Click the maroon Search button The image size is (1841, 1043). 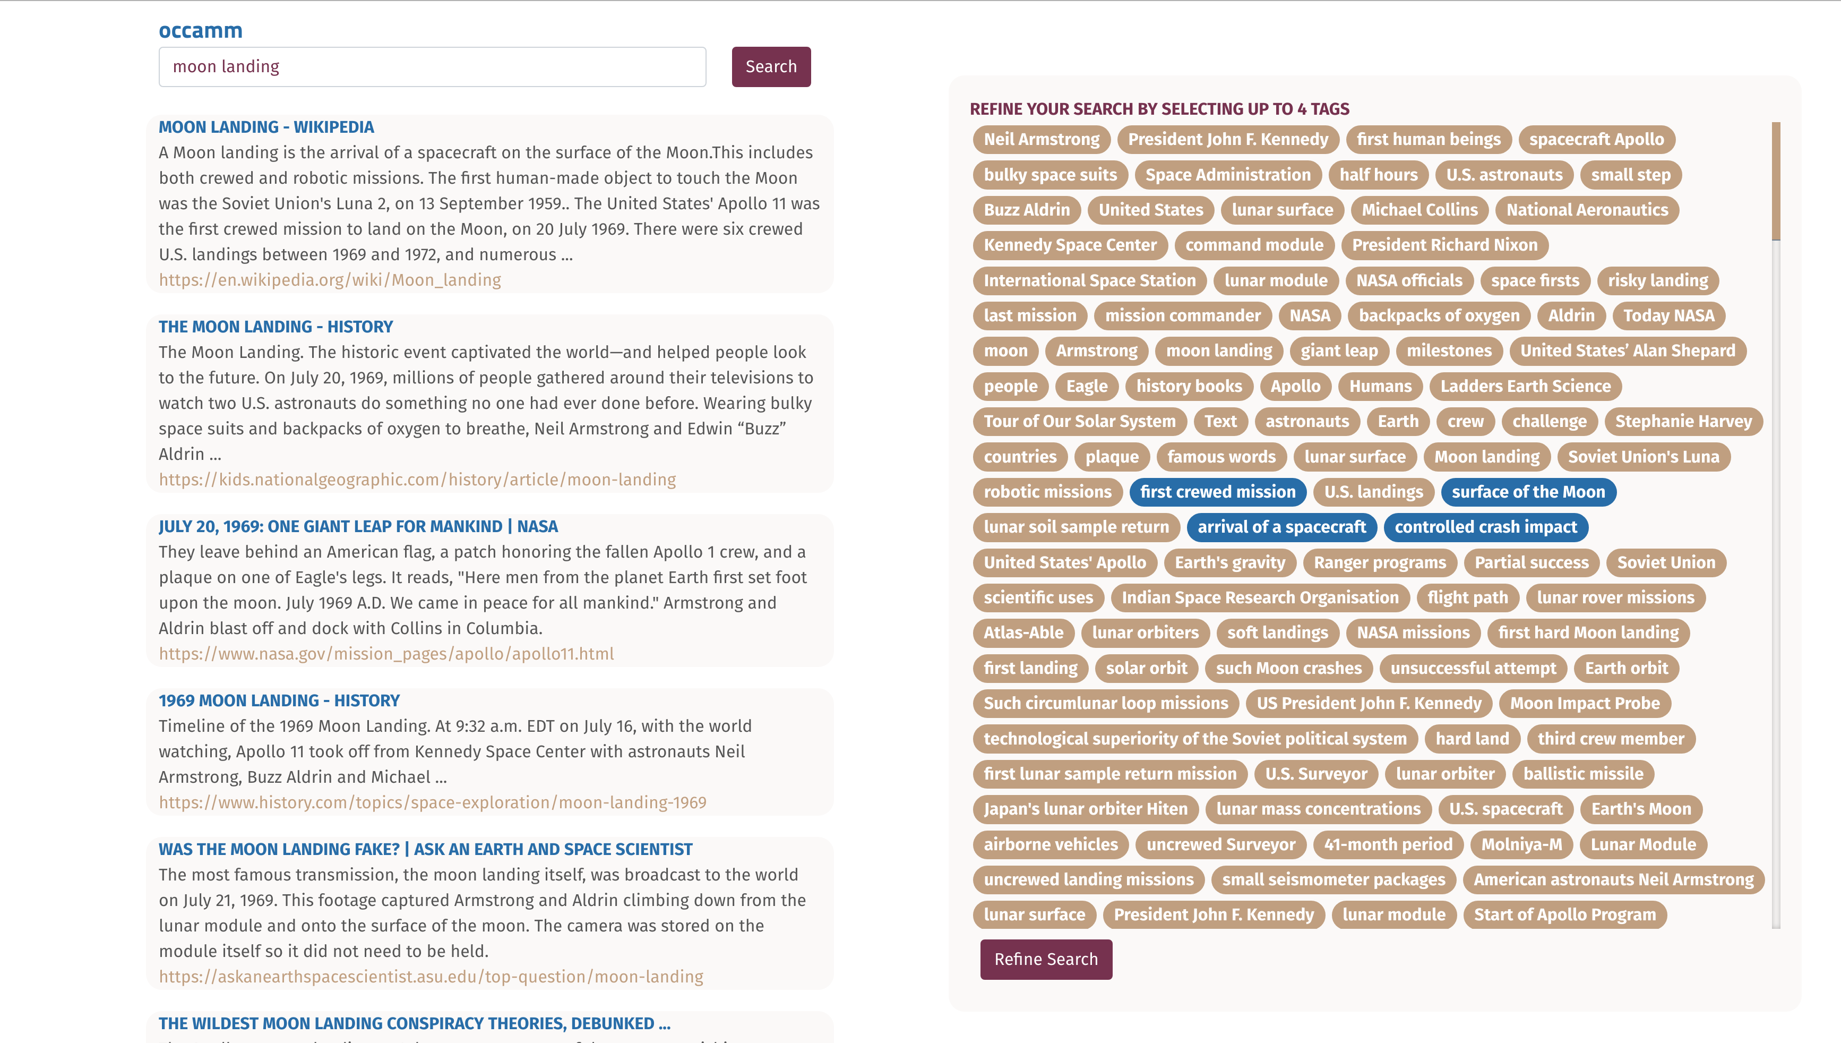coord(770,66)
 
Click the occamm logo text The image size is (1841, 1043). coord(201,30)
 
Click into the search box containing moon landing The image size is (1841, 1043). coord(432,66)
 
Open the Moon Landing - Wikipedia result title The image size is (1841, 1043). coord(265,127)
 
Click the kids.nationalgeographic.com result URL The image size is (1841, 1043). coord(417,479)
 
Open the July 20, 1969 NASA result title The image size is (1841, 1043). coord(358,526)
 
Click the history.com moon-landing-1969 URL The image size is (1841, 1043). coord(432,802)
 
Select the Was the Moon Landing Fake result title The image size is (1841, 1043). coord(425,849)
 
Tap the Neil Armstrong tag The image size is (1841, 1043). coord(1041,139)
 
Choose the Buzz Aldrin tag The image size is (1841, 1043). coord(1026,210)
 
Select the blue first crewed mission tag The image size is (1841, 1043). coord(1217,491)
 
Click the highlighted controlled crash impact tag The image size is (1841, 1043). coord(1485,526)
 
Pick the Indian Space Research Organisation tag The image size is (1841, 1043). coord(1260,597)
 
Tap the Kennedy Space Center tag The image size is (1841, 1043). coord(1070,245)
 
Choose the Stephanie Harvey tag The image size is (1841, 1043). coord(1683,421)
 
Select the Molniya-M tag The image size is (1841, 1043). coord(1521,844)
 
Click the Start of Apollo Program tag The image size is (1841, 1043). coord(1564,915)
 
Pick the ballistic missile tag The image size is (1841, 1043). coord(1582,774)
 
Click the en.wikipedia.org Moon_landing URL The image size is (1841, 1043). coord(329,279)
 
